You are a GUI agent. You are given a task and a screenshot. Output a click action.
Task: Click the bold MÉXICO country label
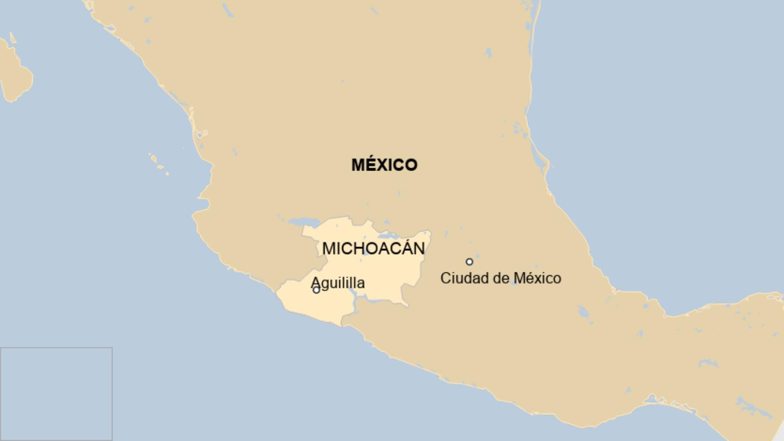point(384,165)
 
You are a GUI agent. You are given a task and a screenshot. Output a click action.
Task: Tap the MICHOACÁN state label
point(373,248)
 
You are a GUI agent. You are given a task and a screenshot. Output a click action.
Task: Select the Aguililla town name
point(338,282)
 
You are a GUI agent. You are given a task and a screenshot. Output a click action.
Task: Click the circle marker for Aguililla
point(316,290)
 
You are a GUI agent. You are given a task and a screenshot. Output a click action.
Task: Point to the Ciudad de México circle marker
point(469,262)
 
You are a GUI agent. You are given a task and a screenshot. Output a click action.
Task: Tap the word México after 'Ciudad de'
point(537,278)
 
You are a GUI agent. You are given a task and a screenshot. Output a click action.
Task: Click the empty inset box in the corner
point(56,393)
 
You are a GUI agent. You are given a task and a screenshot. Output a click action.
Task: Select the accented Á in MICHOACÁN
point(404,248)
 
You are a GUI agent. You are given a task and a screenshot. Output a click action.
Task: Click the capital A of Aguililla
point(316,282)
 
